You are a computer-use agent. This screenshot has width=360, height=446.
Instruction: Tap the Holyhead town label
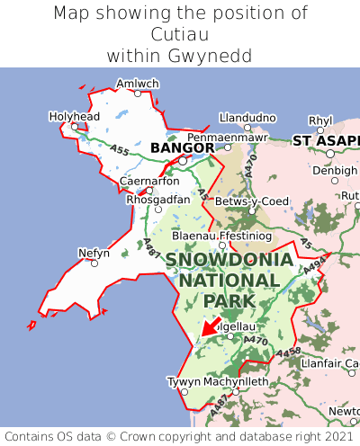[x=75, y=116]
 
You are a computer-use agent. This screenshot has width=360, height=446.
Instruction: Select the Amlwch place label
[x=137, y=83]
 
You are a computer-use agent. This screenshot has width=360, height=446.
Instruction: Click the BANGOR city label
[x=182, y=147]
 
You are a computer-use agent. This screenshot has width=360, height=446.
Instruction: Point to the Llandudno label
[x=247, y=117]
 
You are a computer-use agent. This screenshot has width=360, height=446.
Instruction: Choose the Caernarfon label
[x=148, y=181]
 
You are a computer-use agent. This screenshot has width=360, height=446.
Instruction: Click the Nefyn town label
[x=94, y=253]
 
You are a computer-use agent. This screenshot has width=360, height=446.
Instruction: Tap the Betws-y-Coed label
[x=251, y=201]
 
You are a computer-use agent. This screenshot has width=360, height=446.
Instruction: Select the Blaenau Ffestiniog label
[x=220, y=235]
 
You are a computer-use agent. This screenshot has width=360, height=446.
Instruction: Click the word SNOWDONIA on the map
[x=229, y=260]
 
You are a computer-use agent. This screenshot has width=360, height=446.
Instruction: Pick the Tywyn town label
[x=184, y=381]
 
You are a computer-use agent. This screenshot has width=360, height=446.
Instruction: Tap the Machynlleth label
[x=237, y=381]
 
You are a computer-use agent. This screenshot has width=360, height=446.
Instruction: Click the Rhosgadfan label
[x=157, y=199]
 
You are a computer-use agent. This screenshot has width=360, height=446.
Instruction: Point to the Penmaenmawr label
[x=227, y=136]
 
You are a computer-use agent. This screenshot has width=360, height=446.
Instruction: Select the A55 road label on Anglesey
[x=118, y=150]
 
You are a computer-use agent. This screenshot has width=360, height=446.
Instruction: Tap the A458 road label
[x=288, y=352]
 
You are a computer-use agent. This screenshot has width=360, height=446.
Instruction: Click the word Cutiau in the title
[x=180, y=34]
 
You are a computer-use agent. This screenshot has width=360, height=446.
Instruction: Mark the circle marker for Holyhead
[x=76, y=127]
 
